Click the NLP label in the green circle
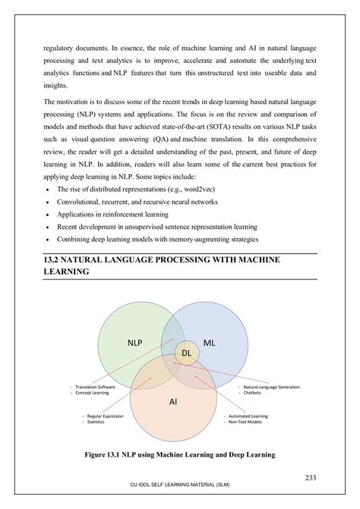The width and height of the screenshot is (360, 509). click(134, 343)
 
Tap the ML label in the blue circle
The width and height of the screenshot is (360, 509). click(210, 343)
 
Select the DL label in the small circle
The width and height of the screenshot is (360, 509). click(186, 353)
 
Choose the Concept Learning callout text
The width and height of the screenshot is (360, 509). click(91, 393)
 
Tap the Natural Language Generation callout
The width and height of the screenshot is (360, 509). click(271, 387)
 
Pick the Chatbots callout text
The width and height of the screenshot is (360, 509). click(254, 393)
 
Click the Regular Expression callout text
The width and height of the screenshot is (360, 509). click(106, 416)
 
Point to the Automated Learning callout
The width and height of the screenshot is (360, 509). click(248, 416)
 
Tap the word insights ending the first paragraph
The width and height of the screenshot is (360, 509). click(56, 86)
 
